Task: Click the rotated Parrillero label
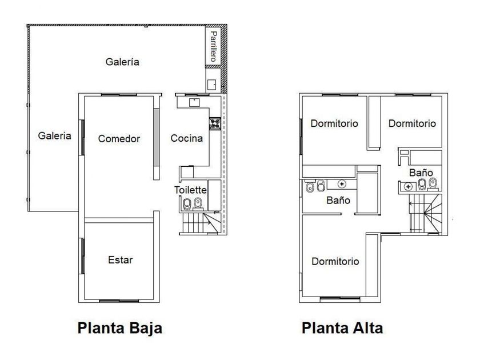pos(213,46)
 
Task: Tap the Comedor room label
pos(119,139)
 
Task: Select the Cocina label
pos(186,138)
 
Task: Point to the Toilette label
pos(190,190)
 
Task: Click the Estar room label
pos(121,260)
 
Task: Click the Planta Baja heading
pos(119,328)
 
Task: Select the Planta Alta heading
pos(342,328)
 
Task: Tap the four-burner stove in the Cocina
pos(215,123)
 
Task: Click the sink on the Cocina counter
pos(194,102)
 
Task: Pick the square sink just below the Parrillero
pos(212,85)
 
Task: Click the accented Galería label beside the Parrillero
pos(122,62)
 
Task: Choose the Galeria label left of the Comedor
pos(54,135)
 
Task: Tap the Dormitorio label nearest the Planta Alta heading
pos(335,262)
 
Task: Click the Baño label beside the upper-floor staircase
pos(421,173)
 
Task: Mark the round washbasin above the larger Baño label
pos(342,184)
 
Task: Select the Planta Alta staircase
pos(426,213)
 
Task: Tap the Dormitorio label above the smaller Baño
pos(412,123)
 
